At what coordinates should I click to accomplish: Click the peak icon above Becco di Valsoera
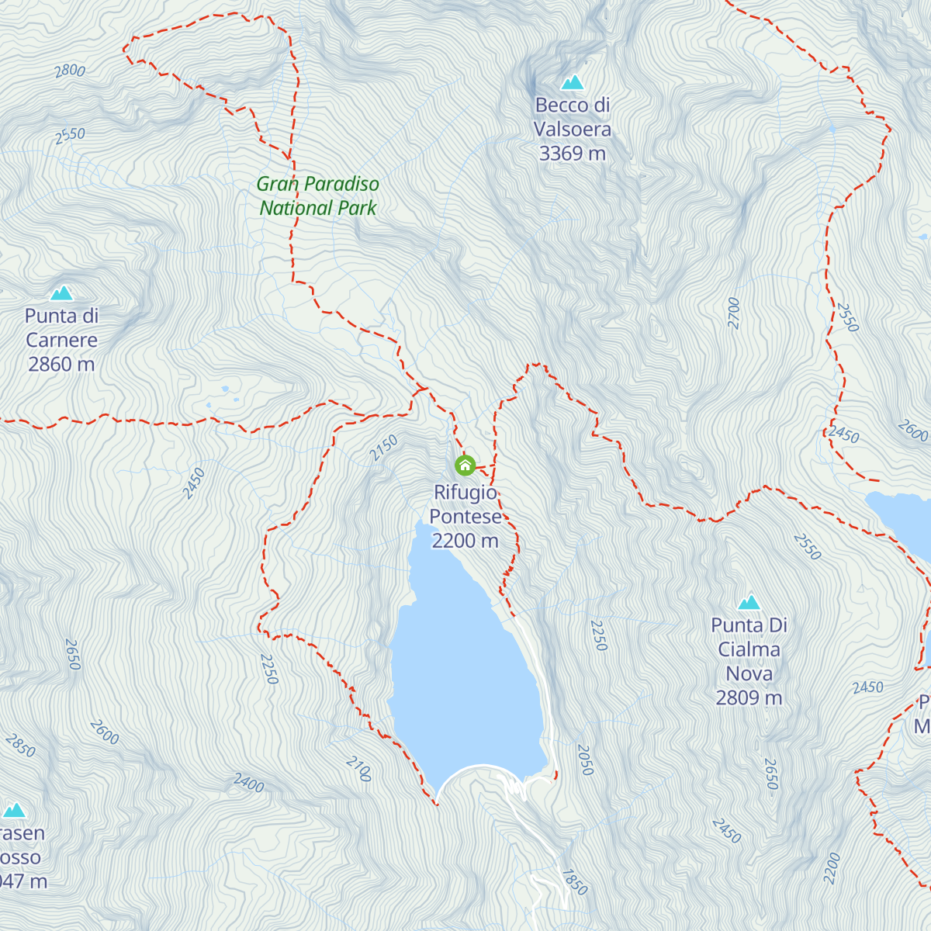573,81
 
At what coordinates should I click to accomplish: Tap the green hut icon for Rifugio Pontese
465,465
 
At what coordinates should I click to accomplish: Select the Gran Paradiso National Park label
318,196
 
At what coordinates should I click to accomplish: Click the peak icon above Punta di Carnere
61,292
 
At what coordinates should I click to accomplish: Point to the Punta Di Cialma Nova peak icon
749,602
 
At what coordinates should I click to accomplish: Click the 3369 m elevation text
573,154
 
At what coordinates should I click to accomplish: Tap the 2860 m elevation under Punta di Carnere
61,364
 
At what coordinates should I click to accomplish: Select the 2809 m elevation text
749,697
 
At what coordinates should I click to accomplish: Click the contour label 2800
70,71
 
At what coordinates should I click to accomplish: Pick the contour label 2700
733,313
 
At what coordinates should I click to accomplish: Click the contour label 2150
383,448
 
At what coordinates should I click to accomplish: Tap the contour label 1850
573,881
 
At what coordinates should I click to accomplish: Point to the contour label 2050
585,760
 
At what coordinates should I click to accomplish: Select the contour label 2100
358,769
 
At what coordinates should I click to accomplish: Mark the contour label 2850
20,746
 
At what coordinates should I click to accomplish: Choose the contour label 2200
832,868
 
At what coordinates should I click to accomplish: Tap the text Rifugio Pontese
465,504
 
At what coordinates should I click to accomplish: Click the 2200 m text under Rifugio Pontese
465,541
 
